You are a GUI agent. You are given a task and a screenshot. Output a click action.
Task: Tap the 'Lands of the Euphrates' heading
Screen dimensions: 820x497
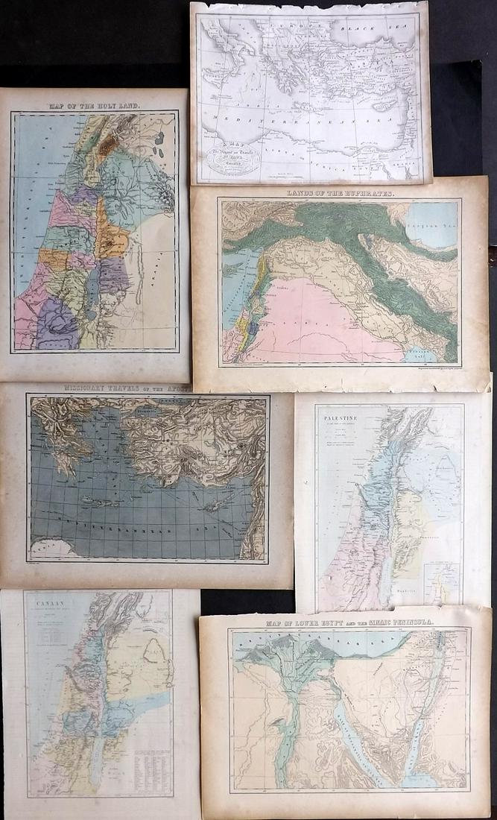[x=339, y=192]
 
